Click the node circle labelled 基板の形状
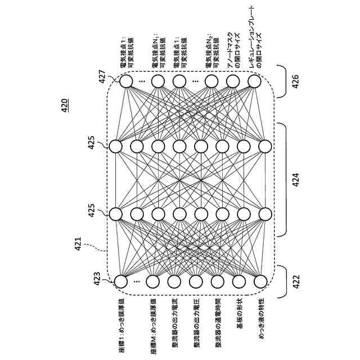239,281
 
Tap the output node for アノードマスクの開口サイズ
233,82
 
